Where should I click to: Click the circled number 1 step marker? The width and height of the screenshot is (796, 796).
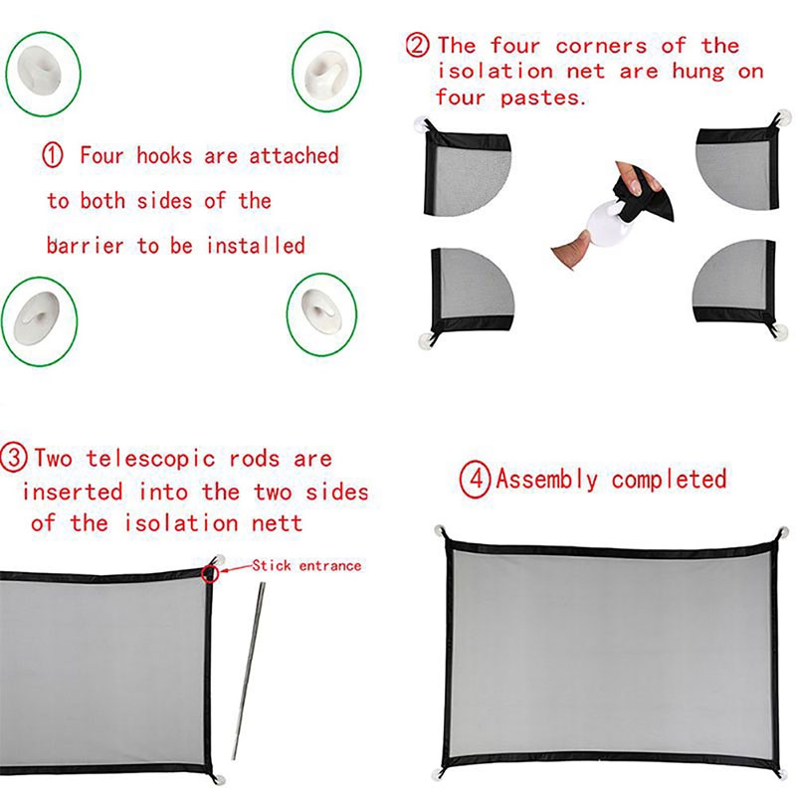coord(53,155)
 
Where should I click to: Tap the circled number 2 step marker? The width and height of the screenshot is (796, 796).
coord(417,45)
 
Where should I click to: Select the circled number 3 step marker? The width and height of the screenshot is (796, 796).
coord(13,458)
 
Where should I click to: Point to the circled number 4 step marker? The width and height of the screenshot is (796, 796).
coord(475,480)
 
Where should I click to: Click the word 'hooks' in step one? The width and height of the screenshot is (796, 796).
coord(164,155)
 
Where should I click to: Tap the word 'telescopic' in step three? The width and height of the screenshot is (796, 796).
coord(151,460)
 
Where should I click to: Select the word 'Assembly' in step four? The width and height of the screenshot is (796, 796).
coord(546,480)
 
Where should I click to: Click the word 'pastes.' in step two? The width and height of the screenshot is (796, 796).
coord(543,98)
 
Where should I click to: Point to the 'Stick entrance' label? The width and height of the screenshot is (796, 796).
coord(306,565)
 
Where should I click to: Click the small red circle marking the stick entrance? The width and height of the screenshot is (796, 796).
coord(210,573)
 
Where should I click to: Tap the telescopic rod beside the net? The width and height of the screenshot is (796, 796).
coord(248,670)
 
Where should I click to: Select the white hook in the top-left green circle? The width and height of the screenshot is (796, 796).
coord(40,71)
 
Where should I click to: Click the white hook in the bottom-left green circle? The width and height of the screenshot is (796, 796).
coord(36,318)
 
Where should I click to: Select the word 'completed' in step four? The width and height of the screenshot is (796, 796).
coord(669,480)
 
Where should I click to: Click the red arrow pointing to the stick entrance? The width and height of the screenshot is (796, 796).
coord(236,568)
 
